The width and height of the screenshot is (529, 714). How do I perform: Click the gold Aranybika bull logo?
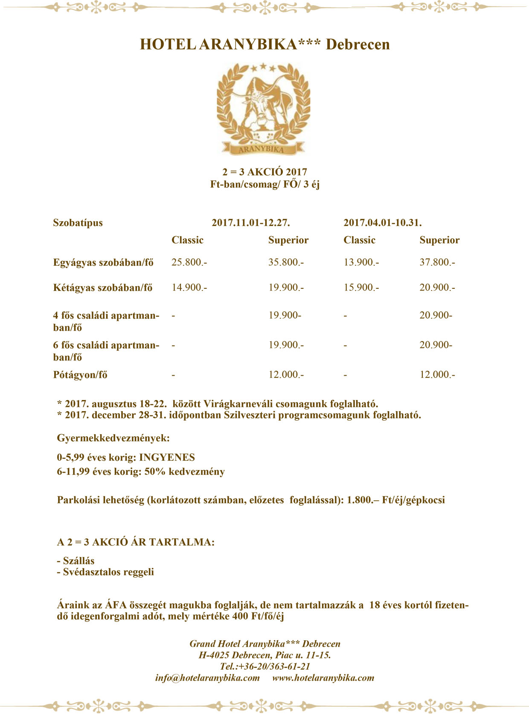263,108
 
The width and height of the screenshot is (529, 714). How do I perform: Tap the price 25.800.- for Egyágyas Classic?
189,262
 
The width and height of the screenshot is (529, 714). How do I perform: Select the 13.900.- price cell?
361,262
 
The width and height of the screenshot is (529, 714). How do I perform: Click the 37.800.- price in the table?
437,262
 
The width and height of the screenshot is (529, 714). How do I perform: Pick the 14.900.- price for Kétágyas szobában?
189,287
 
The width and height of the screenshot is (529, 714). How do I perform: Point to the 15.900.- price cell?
361,287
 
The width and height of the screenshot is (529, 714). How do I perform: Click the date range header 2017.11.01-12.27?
251,223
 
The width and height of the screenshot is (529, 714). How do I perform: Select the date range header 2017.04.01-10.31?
382,223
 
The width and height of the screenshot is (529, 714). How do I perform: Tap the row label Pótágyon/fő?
80,375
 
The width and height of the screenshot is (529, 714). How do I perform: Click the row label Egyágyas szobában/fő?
103,262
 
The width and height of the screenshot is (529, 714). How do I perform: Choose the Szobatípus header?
78,223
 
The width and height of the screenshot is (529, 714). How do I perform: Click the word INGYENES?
167,458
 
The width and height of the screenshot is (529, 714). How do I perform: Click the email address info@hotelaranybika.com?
207,678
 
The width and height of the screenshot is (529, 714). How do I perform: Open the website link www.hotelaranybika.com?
323,678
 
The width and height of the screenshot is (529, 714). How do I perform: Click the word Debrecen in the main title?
358,44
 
